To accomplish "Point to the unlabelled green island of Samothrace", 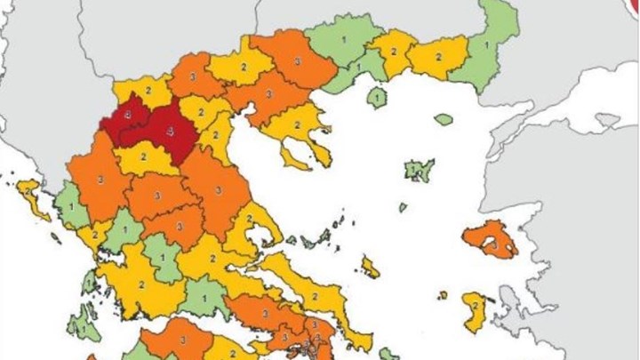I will click(x=444, y=119).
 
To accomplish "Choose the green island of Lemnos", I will click(x=418, y=168).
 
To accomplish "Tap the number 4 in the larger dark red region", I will click(x=172, y=129).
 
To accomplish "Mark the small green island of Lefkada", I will click(x=88, y=283).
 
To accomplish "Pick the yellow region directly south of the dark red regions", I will click(x=147, y=160).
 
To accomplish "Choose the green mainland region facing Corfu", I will click(x=71, y=204).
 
